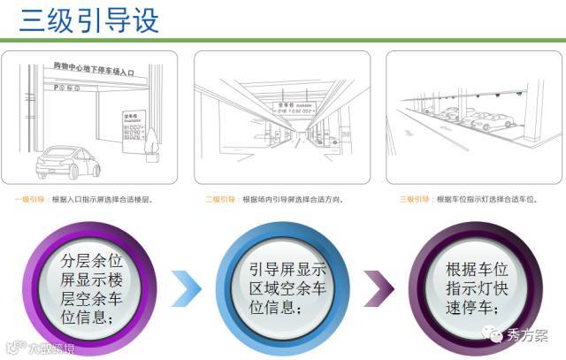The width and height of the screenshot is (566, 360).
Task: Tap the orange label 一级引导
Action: pyautogui.click(x=32, y=200)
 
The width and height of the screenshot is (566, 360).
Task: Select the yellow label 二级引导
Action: pyautogui.click(x=221, y=200)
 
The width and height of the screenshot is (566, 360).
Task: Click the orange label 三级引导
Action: pyautogui.click(x=415, y=200)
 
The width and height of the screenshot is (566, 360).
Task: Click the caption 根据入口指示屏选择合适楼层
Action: pyautogui.click(x=102, y=200)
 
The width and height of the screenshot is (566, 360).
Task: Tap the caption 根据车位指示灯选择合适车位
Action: pyautogui.click(x=486, y=200)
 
